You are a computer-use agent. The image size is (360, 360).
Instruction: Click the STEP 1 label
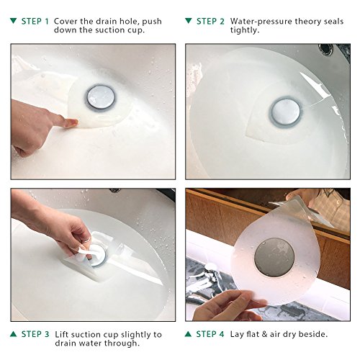click(35, 22)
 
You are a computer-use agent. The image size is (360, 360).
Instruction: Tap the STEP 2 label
click(210, 22)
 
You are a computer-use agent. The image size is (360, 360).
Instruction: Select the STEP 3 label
click(35, 334)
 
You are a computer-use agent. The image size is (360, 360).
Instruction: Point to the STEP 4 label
click(210, 334)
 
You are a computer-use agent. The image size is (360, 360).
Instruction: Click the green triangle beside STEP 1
click(14, 21)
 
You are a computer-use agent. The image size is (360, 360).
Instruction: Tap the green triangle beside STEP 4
click(189, 333)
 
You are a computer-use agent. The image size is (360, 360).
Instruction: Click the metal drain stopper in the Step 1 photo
click(101, 98)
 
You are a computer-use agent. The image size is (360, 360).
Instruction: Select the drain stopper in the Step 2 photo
click(286, 112)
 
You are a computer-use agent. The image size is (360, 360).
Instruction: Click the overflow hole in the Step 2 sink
click(325, 49)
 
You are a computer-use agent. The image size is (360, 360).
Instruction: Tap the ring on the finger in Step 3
click(87, 240)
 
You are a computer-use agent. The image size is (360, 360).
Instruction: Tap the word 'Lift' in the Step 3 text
click(61, 334)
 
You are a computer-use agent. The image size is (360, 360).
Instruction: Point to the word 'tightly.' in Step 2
click(245, 30)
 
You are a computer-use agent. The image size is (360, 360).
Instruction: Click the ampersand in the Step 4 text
click(264, 334)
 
